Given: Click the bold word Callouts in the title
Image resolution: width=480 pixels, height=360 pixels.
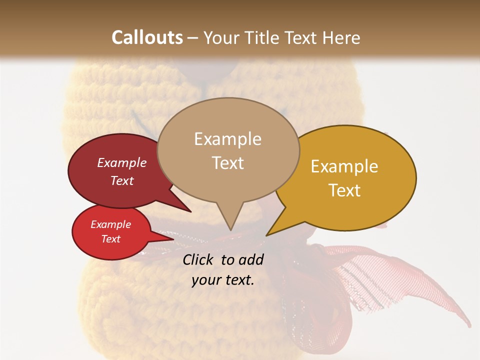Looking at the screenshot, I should pyautogui.click(x=147, y=37).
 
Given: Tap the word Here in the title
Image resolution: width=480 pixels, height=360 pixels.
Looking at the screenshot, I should pyautogui.click(x=340, y=37).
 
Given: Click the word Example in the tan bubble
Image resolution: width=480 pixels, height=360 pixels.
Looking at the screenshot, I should pyautogui.click(x=228, y=139).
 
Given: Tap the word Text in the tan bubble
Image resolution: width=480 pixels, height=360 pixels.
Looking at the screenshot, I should pyautogui.click(x=228, y=162).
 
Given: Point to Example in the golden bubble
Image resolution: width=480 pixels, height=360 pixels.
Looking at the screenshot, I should pyautogui.click(x=344, y=166).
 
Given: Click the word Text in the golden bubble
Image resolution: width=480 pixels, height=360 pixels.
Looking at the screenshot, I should pyautogui.click(x=344, y=190).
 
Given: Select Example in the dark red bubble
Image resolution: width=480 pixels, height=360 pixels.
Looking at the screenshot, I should pyautogui.click(x=122, y=162).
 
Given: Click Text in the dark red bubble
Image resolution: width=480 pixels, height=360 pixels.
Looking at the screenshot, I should pyautogui.click(x=122, y=180).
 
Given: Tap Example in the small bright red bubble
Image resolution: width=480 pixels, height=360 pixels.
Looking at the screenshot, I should pyautogui.click(x=111, y=224).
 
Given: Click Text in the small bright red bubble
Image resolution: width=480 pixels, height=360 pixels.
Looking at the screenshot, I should pyautogui.click(x=111, y=239).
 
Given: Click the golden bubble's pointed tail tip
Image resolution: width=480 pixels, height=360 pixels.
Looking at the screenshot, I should pyautogui.click(x=266, y=235).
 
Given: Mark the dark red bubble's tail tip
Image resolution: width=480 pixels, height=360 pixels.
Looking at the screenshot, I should pyautogui.click(x=190, y=212).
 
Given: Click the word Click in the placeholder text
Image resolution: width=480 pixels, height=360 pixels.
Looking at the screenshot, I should pyautogui.click(x=199, y=259).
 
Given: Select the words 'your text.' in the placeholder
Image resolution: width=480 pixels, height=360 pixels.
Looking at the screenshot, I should pyautogui.click(x=223, y=280).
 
